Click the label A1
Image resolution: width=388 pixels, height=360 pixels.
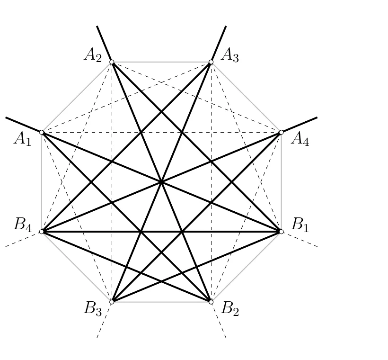click(x=23, y=139)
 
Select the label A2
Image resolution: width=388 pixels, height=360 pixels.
click(x=93, y=55)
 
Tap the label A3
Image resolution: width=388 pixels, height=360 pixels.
click(x=230, y=55)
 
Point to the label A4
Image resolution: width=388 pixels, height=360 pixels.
click(x=300, y=139)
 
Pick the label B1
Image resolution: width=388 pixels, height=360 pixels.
click(x=300, y=225)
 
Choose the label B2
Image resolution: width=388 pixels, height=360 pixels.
click(x=230, y=309)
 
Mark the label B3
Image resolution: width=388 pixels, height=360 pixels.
click(x=93, y=309)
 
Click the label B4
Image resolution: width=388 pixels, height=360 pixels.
click(x=23, y=225)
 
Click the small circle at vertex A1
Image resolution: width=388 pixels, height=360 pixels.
click(x=42, y=132)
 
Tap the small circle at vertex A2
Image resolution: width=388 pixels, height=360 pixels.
click(x=112, y=62)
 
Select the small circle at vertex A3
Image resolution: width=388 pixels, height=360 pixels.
click(x=211, y=62)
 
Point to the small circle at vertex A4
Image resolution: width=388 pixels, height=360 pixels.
click(x=282, y=132)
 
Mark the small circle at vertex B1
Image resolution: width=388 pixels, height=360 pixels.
click(x=282, y=232)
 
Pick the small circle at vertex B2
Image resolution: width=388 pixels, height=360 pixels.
click(x=211, y=302)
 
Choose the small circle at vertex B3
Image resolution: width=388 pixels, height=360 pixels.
click(x=112, y=302)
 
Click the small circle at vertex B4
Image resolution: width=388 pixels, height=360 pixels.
click(x=42, y=232)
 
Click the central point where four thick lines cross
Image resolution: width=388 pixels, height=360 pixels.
click(x=161, y=182)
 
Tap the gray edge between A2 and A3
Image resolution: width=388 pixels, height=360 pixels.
click(x=161, y=62)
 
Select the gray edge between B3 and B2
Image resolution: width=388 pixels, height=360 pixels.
click(x=161, y=302)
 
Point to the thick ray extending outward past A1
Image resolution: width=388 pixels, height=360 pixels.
click(x=23, y=125)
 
